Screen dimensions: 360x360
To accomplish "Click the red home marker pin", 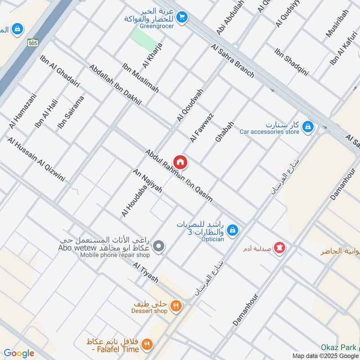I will [x=180, y=162].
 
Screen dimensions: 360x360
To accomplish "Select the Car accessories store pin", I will [x=308, y=126].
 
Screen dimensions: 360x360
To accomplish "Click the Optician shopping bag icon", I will [x=232, y=230].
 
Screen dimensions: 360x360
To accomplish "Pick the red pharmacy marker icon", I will [x=279, y=247].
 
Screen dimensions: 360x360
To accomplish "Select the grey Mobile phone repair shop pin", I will [x=158, y=246].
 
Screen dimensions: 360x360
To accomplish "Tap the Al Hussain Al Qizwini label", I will [x=36, y=159].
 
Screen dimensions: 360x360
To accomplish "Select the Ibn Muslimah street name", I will [x=140, y=78].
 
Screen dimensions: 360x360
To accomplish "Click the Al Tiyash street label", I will [x=145, y=273].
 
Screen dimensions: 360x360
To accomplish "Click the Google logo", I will [x=18, y=353].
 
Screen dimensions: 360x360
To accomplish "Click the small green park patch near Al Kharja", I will [x=143, y=40].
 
